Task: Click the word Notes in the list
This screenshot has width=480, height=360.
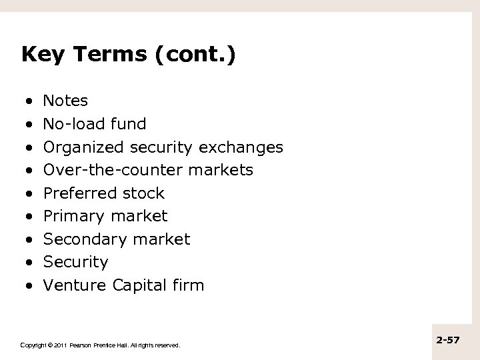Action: point(65,101)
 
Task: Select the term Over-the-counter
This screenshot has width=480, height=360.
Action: point(113,170)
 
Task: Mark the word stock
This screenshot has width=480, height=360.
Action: point(143,193)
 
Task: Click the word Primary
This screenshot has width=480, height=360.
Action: point(73,216)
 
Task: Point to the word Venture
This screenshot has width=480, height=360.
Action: point(75,285)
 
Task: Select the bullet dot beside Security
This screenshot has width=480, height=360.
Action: point(29,263)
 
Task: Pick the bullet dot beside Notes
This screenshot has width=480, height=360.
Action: point(29,101)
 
